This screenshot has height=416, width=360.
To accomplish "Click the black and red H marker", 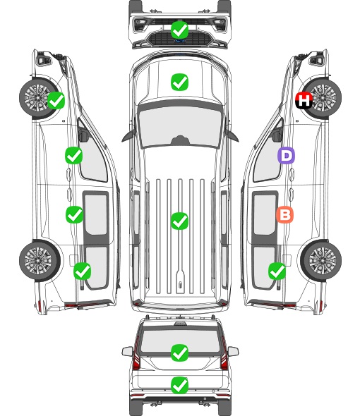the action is [304, 100].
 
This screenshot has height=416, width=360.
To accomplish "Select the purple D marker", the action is [286, 155].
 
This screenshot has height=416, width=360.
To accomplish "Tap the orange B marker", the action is [284, 214].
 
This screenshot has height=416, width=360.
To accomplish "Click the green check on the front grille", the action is [179, 30].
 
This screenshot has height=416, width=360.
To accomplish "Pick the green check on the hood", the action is [179, 82].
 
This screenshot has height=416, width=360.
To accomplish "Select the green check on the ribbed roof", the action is [179, 221].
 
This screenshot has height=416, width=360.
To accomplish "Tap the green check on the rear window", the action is [179, 353].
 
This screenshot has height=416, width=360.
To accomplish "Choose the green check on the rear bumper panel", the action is [179, 385].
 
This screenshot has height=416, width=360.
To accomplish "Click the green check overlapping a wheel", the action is [56, 100].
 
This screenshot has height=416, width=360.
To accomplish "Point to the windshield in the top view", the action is [180, 127].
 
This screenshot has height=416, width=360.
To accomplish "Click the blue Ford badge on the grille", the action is [180, 41].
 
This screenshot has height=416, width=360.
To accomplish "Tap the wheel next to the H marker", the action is [322, 98].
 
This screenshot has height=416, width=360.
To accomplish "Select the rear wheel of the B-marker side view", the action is [321, 260].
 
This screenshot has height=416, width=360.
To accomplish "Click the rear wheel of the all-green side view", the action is [40, 260].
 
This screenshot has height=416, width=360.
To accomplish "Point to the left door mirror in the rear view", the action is [128, 352].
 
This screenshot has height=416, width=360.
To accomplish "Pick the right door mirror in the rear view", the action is [233, 352].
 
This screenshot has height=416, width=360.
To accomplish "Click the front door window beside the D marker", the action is [268, 157].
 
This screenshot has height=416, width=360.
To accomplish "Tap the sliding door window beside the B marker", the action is [265, 214].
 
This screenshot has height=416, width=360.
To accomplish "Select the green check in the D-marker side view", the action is [277, 271].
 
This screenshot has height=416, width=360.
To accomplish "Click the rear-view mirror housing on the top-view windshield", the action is [180, 140].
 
